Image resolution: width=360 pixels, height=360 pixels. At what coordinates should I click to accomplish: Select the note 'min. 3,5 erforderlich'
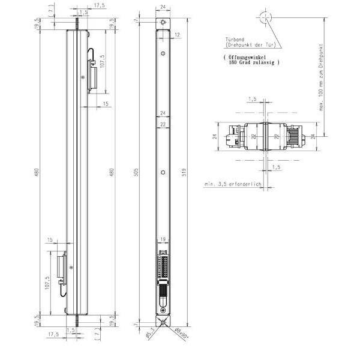coord(232,185)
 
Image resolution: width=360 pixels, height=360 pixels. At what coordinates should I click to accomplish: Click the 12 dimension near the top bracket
coord(178,35)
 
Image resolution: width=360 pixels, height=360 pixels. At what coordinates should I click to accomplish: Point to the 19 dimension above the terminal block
coord(163,239)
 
